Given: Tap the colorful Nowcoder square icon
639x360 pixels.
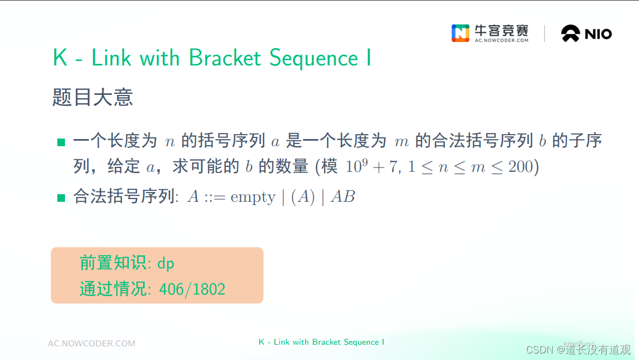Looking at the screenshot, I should coord(460,33).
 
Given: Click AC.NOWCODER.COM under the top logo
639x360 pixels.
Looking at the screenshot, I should coord(501,40).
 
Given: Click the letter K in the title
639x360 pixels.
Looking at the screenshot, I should coord(59,58).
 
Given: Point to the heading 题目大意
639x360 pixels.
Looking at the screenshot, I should coord(93,98).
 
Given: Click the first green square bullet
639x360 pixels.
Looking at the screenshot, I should coord(61,142).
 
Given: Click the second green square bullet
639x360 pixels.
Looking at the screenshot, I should coord(61,197).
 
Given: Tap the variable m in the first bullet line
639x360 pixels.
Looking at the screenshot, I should coord(401,142).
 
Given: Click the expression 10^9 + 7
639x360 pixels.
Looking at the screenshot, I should coord(371,166).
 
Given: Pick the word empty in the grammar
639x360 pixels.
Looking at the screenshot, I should coord(253,197).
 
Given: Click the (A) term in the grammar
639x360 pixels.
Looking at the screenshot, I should coord(303,197).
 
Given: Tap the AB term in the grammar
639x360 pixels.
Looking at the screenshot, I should coord(343,197).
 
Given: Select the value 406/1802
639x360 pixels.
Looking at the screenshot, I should coord(192,289).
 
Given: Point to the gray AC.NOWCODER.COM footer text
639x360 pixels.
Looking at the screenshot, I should coord(92,344).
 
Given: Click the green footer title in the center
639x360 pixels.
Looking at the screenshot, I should coord(321,342).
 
